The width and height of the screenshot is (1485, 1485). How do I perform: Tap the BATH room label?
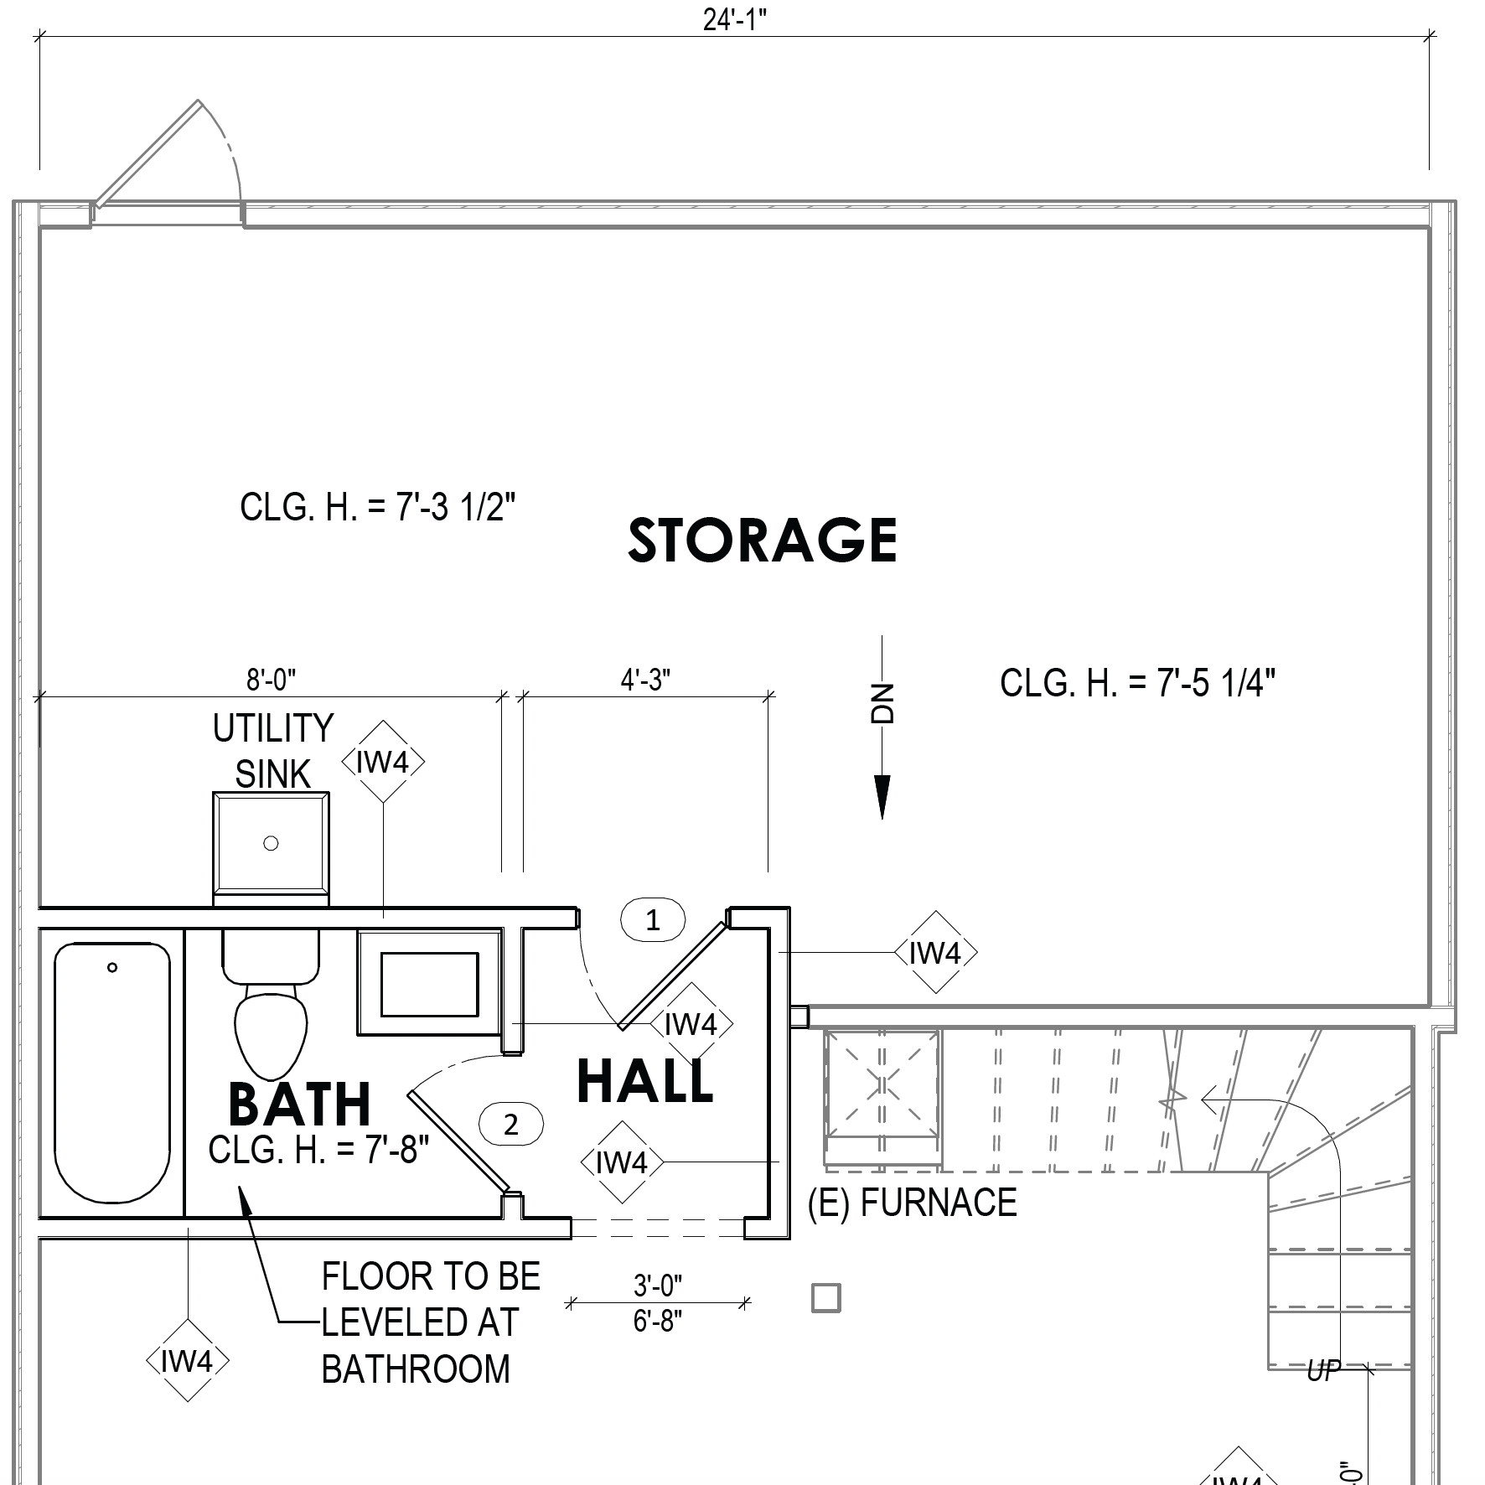(299, 1105)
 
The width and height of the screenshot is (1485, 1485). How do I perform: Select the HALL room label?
(645, 1080)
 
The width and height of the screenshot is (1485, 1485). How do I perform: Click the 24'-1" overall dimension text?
(735, 19)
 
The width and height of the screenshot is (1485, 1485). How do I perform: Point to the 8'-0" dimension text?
(271, 680)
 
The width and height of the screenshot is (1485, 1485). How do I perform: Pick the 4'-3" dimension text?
(645, 680)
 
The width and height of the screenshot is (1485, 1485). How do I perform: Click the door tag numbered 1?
(653, 920)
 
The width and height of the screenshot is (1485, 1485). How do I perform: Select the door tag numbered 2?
(511, 1124)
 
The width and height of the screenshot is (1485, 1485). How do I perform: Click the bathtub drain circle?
(112, 968)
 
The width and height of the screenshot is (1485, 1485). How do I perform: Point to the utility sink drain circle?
(271, 843)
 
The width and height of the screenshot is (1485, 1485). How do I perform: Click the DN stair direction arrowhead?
(882, 797)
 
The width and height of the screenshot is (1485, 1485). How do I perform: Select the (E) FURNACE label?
(912, 1203)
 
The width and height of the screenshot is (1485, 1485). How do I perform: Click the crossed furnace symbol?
(882, 1086)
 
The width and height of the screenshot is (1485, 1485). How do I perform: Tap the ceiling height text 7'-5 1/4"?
(1137, 683)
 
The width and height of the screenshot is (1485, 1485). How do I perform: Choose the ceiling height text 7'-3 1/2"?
(377, 507)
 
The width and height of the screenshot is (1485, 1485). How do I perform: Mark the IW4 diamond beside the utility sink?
(383, 762)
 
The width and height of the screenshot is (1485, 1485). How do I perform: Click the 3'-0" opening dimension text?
(658, 1283)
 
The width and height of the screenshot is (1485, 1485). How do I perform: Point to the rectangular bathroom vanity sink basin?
(430, 983)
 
